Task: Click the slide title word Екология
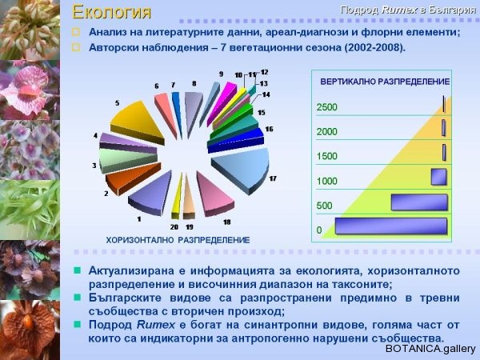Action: click(111, 12)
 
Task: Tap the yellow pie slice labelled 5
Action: click(136, 122)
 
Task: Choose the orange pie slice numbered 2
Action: click(132, 178)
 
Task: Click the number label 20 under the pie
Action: click(174, 227)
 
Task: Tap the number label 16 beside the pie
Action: click(269, 129)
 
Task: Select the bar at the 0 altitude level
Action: click(391, 226)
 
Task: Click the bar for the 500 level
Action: click(419, 202)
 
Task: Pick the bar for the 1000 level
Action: click(439, 177)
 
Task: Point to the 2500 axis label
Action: click(326, 107)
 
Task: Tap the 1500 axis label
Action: click(326, 156)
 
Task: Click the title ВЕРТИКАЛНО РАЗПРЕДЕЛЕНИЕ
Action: click(385, 82)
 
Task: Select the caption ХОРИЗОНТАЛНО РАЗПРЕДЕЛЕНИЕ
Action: click(178, 240)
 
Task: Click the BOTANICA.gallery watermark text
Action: click(430, 349)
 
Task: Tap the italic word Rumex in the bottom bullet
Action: click(155, 325)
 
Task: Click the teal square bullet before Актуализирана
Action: click(77, 270)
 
